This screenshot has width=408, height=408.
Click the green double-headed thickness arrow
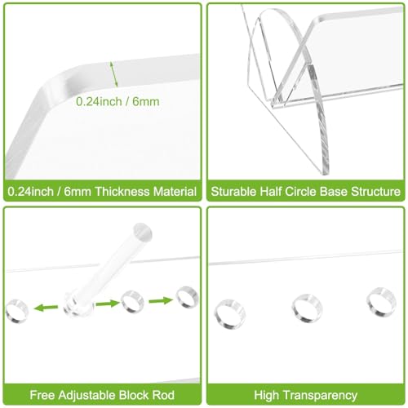(113, 74)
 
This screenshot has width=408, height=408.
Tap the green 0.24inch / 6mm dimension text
(118, 102)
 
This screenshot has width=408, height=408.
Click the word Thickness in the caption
(122, 192)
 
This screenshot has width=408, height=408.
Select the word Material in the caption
(175, 192)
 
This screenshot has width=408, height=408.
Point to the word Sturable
(233, 192)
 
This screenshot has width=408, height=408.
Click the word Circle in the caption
(300, 192)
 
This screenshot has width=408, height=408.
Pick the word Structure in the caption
(375, 192)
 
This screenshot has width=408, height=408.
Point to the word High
(268, 395)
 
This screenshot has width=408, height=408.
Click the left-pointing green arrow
(46, 308)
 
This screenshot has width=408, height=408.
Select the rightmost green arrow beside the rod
(161, 300)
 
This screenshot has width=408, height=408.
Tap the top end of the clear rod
(143, 231)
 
